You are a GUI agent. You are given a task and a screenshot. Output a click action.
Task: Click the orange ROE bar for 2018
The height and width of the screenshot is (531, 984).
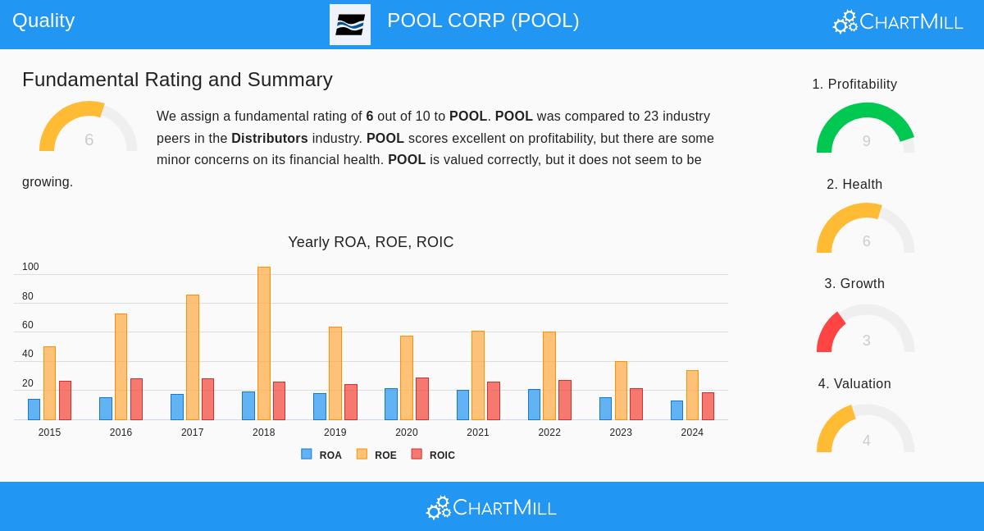pyautogui.click(x=263, y=343)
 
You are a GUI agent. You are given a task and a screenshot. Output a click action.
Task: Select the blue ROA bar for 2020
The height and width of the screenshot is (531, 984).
pyautogui.click(x=391, y=404)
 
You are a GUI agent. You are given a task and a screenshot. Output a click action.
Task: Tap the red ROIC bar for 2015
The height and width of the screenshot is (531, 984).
pyautogui.click(x=65, y=401)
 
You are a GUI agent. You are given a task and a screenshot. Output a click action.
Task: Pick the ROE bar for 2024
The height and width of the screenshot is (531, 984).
pyautogui.click(x=692, y=395)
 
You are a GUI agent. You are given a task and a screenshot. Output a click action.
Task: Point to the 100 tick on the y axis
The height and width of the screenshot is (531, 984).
pyautogui.click(x=30, y=267)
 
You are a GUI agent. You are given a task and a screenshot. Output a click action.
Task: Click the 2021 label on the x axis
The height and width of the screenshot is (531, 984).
pyautogui.click(x=477, y=433)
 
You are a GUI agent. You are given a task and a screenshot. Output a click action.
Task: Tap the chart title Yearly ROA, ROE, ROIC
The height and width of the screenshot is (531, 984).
pyautogui.click(x=371, y=242)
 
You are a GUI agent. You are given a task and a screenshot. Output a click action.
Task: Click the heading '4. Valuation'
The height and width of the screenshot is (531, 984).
pyautogui.click(x=854, y=383)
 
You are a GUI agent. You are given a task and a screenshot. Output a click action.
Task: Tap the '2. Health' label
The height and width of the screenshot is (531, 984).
pyautogui.click(x=854, y=184)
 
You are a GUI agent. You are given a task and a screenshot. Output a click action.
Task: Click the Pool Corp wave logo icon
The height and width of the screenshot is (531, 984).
pyautogui.click(x=350, y=25)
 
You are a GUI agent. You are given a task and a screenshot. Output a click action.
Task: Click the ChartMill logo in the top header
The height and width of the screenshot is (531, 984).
pyautogui.click(x=898, y=22)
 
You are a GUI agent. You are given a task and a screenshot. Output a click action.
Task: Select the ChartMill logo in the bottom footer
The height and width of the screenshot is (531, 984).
pyautogui.click(x=491, y=508)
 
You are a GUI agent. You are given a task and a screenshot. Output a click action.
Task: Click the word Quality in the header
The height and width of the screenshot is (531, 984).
pyautogui.click(x=43, y=21)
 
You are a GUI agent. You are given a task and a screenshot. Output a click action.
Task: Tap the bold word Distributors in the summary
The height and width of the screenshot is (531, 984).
pyautogui.click(x=269, y=138)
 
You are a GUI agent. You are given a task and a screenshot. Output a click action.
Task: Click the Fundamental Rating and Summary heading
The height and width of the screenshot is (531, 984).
pyautogui.click(x=177, y=80)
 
